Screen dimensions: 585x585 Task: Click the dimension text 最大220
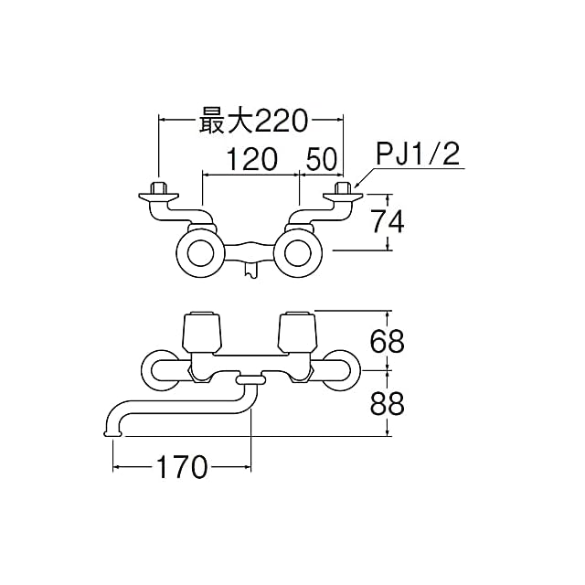pos(253,121)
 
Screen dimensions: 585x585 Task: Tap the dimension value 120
pos(252,159)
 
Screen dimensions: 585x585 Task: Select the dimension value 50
pos(322,159)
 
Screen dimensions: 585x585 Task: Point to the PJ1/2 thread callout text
pos(418,154)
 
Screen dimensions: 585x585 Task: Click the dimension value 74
pos(388,221)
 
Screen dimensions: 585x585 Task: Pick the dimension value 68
pos(388,341)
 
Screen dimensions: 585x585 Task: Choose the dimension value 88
pos(388,403)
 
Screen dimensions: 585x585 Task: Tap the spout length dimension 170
pos(182,467)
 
